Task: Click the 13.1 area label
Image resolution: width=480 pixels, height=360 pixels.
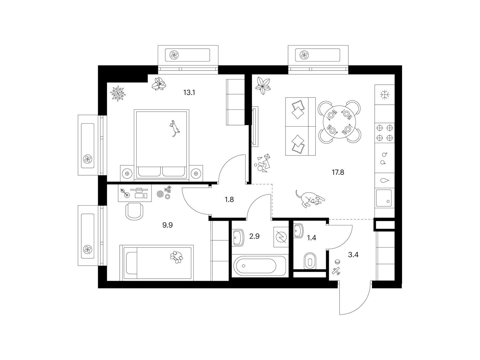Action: pos(189,93)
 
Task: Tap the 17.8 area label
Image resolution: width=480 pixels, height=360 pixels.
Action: pos(338,172)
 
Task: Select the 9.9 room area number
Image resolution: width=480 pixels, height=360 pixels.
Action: pos(167,225)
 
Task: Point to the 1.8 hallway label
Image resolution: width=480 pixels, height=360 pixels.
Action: pos(229,199)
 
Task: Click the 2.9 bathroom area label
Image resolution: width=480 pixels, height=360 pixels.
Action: pos(254,236)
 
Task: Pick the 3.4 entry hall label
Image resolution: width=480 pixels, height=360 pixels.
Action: pos(353,255)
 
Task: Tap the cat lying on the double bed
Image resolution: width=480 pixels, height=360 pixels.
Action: pos(174,128)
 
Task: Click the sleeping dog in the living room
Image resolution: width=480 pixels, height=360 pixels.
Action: pos(310,199)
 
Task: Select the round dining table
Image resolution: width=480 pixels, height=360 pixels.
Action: pos(339,122)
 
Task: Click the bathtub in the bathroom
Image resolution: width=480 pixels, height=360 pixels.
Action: pos(259,266)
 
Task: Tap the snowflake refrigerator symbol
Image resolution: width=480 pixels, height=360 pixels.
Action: pos(384,95)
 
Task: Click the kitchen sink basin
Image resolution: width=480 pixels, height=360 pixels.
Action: pos(384,198)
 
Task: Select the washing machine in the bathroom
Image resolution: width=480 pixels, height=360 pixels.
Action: pos(281,237)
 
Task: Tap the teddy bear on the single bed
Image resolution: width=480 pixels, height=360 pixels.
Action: pos(176,257)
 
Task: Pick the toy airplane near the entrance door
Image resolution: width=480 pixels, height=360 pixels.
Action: pos(336,271)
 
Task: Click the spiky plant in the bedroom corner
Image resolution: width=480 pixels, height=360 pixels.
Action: pos(118,93)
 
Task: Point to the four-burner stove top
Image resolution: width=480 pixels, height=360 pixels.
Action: pos(384,133)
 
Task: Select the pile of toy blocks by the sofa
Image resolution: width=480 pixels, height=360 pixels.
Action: pos(262,163)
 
